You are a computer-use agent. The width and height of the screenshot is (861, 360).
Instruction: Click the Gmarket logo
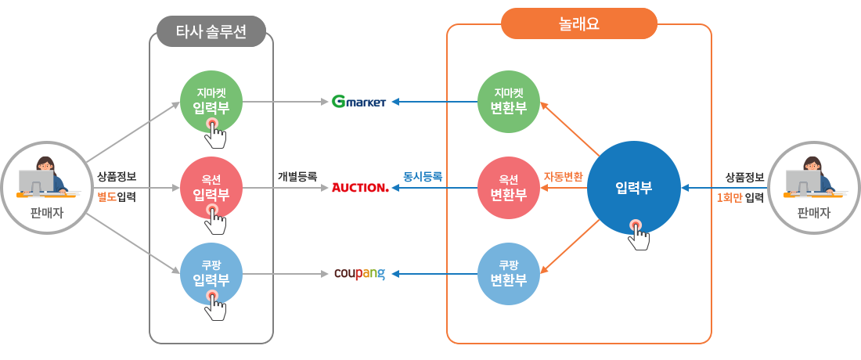click(x=358, y=102)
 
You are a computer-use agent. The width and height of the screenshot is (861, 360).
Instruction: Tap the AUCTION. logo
click(x=360, y=188)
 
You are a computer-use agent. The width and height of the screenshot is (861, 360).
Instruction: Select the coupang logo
click(x=359, y=274)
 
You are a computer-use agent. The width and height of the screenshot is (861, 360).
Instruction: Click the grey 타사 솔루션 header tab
click(x=211, y=32)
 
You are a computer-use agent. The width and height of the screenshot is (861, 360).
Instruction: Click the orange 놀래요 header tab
click(x=578, y=23)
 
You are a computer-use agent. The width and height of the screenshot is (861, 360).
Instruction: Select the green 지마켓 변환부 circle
click(x=509, y=102)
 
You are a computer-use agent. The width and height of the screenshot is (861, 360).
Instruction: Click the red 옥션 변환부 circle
click(x=509, y=188)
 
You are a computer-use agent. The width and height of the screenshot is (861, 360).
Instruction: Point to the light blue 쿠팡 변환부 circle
click(x=509, y=274)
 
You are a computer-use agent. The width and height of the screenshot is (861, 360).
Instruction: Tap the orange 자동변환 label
click(x=564, y=176)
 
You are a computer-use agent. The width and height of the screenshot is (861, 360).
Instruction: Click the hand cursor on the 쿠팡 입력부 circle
click(x=214, y=304)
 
